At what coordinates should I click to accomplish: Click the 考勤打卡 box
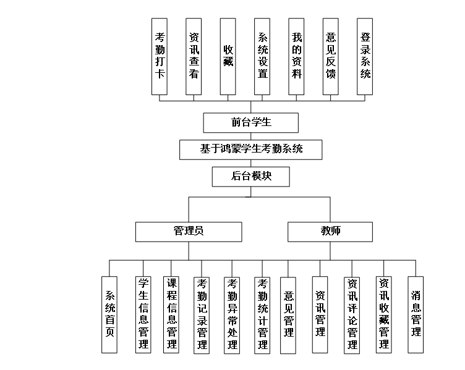click(x=160, y=56)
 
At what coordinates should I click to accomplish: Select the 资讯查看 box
click(x=194, y=56)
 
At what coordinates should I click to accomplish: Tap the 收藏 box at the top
click(x=228, y=56)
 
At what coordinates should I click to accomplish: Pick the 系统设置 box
click(x=262, y=56)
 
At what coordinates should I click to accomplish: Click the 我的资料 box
click(x=296, y=56)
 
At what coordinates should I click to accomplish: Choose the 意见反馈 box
click(x=331, y=56)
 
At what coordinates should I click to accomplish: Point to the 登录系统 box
click(x=365, y=56)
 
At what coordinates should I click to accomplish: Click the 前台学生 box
click(x=251, y=122)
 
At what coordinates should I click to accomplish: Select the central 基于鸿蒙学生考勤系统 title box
click(x=251, y=149)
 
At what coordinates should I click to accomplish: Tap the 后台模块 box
click(x=251, y=176)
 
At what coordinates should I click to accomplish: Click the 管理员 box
click(x=189, y=232)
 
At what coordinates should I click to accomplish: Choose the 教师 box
click(x=330, y=232)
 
